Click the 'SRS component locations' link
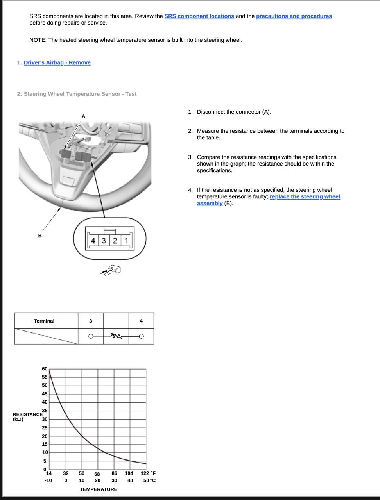(199, 16)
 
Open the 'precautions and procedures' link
(294, 16)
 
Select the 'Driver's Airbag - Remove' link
(57, 63)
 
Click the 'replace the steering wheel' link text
(305, 197)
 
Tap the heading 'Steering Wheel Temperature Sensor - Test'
(80, 94)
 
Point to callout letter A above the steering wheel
(83, 116)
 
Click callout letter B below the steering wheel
(40, 236)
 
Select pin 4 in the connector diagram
(93, 241)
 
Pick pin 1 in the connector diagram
(126, 241)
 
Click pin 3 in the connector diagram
(104, 241)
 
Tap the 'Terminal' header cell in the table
(44, 321)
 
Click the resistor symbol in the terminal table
(116, 336)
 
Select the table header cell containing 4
(141, 321)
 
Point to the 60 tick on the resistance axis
(45, 369)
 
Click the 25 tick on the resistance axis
(45, 428)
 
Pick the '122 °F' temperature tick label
(148, 473)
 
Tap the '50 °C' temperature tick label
(149, 480)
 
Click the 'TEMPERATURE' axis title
(99, 489)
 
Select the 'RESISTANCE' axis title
(27, 414)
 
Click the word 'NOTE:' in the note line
(38, 40)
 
